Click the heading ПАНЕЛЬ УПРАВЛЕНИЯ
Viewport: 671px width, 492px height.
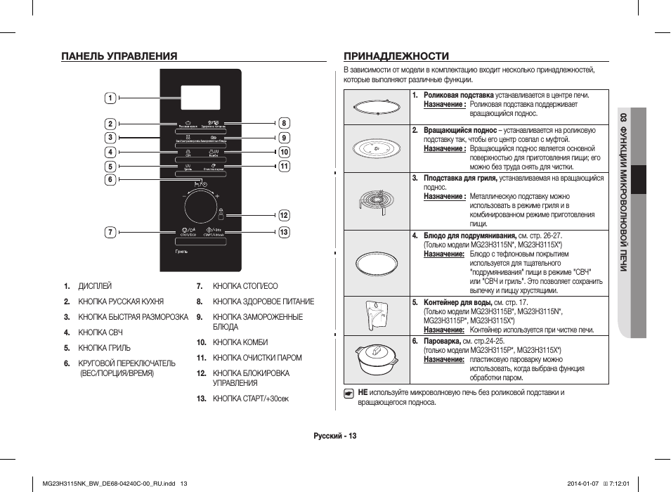(x=119, y=56)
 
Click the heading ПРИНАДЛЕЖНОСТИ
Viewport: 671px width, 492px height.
(x=396, y=56)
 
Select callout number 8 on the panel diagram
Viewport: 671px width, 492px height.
(x=284, y=123)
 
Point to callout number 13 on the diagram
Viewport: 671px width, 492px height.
(x=284, y=232)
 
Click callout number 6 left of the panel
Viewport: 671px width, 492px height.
(x=110, y=179)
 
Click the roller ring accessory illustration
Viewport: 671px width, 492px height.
(x=377, y=108)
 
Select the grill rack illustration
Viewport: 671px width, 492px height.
(x=377, y=200)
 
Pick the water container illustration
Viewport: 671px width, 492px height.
(x=377, y=314)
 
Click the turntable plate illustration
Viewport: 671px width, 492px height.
(x=377, y=149)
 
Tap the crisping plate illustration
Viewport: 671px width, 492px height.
(x=377, y=262)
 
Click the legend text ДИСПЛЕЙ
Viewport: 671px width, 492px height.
(x=95, y=286)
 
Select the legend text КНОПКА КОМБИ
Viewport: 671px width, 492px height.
(x=240, y=342)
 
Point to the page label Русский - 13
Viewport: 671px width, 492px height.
(x=335, y=436)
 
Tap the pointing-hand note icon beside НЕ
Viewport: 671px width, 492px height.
(x=348, y=394)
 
